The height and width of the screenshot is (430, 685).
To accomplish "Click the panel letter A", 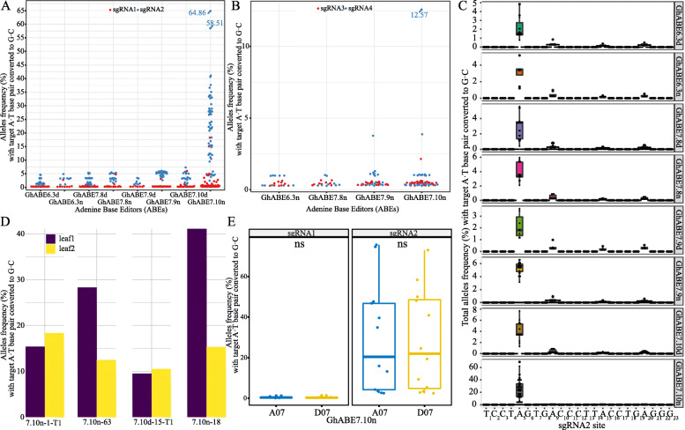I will tap(6, 7).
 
